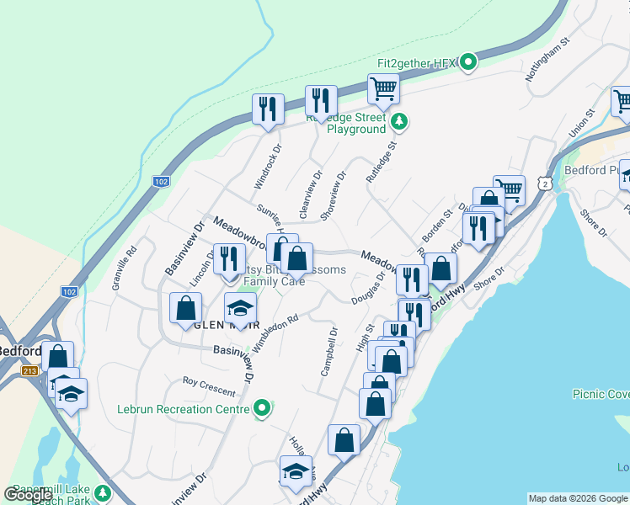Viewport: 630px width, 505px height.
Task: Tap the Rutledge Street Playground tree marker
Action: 400,123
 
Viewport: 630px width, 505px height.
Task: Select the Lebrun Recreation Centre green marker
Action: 263,409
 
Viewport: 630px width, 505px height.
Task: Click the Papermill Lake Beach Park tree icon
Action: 104,492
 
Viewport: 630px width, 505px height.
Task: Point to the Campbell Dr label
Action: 328,352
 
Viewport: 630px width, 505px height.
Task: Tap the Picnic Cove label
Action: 601,393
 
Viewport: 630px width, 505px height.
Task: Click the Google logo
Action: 28,495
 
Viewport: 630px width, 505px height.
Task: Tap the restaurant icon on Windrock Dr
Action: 268,109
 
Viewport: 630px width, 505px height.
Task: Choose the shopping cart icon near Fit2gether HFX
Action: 383,88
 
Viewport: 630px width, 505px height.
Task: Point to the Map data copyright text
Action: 578,498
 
